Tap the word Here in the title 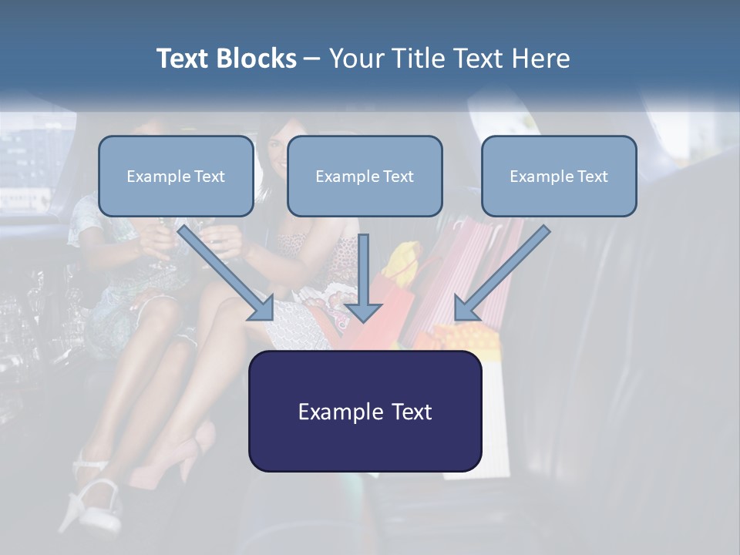[x=540, y=59]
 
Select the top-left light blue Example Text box [x=176, y=176]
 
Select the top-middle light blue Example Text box [x=365, y=176]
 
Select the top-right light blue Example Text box [x=559, y=176]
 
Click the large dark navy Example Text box [x=365, y=411]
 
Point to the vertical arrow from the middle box [x=363, y=277]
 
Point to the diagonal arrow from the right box [x=501, y=274]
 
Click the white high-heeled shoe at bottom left [x=92, y=501]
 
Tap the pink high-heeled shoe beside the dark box [x=193, y=455]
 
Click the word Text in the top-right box [x=592, y=176]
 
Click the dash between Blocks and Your [x=312, y=59]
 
